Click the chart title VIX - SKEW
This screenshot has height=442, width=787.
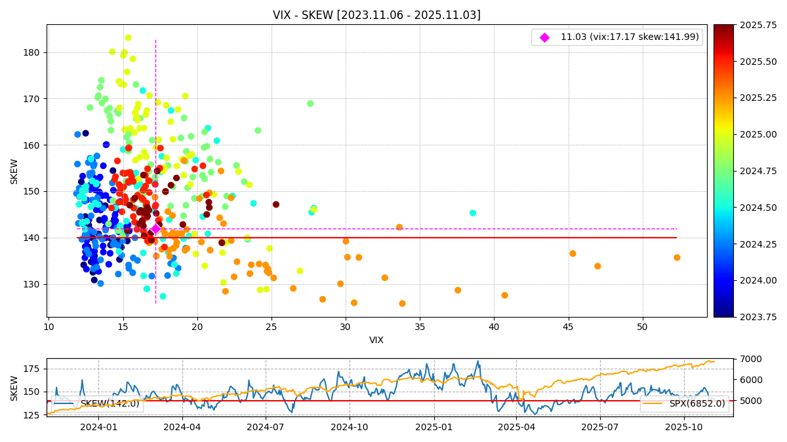[x=376, y=15]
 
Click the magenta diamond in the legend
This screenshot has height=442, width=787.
[x=544, y=37]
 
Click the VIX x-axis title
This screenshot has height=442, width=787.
[x=376, y=340]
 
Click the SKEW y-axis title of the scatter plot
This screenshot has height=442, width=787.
[x=14, y=171]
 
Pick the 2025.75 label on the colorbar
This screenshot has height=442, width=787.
[x=744, y=25]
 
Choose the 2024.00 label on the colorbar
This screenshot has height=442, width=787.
[x=744, y=280]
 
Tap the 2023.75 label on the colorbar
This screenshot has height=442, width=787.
[x=744, y=317]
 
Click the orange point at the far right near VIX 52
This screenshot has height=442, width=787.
[x=677, y=257]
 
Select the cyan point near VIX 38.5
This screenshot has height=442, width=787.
[x=473, y=213]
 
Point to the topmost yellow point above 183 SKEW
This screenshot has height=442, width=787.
[x=128, y=38]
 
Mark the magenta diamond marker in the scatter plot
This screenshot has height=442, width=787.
[x=155, y=229]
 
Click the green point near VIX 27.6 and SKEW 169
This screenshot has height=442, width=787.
[x=310, y=103]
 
